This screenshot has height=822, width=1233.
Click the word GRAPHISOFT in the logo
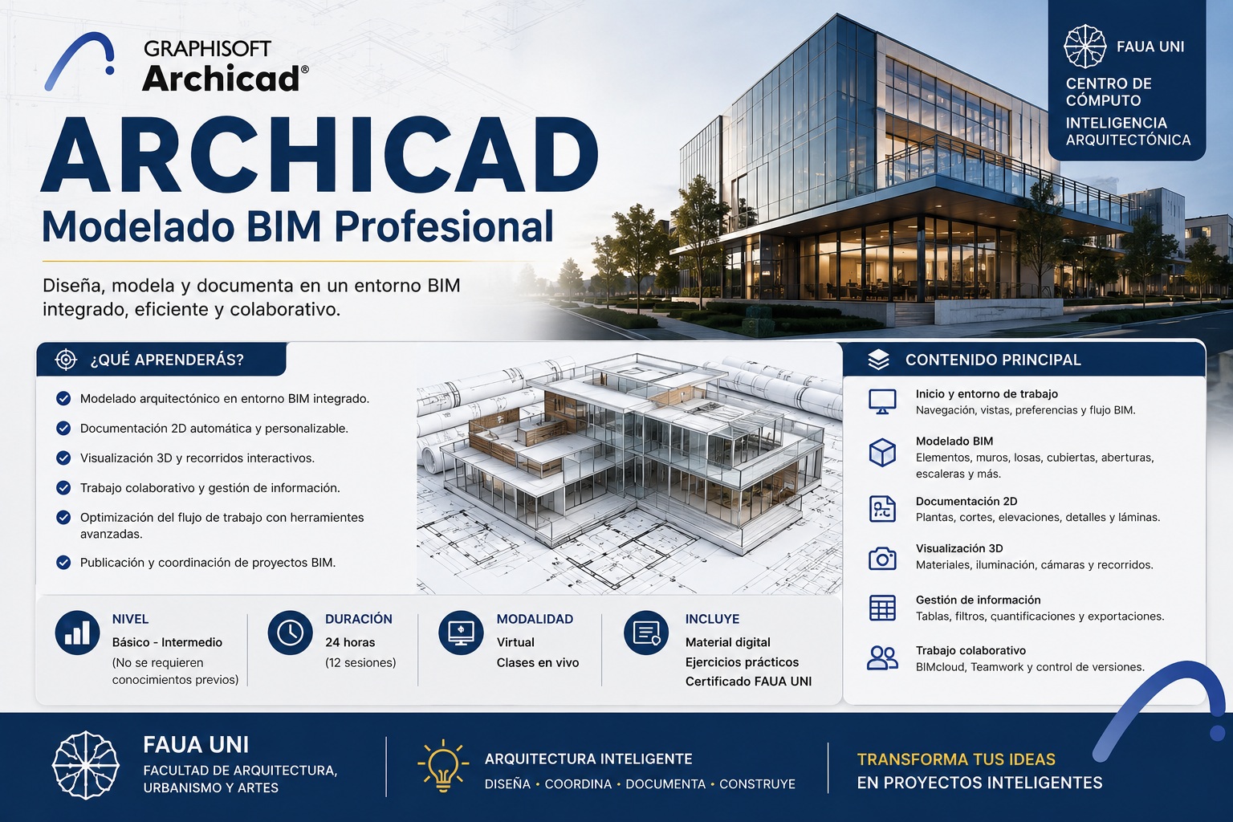[x=208, y=48]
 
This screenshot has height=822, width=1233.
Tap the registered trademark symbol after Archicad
[x=305, y=69]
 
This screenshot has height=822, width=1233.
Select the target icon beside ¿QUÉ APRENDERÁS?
[x=66, y=360]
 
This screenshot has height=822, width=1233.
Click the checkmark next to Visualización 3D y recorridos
[x=63, y=458]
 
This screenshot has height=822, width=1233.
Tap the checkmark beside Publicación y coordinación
[x=63, y=562]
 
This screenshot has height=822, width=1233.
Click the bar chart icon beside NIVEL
[x=77, y=633]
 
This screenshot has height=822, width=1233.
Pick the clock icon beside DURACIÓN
[x=290, y=633]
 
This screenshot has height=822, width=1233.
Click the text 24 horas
[x=350, y=642]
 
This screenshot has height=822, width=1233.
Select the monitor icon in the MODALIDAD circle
[x=461, y=633]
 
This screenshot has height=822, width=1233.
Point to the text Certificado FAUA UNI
[x=749, y=682]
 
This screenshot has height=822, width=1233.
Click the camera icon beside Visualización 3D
[x=882, y=558]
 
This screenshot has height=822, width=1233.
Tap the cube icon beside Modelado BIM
[x=882, y=453]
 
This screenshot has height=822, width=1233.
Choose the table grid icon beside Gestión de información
[x=882, y=608]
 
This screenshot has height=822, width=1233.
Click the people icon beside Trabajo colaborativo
[x=882, y=658]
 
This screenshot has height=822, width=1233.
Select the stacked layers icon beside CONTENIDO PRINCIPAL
[x=878, y=360]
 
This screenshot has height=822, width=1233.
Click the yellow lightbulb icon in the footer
[x=443, y=766]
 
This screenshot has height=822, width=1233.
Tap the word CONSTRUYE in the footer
[x=758, y=784]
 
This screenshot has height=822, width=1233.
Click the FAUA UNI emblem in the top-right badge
[x=1085, y=47]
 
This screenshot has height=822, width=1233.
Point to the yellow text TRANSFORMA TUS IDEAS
[x=956, y=759]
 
